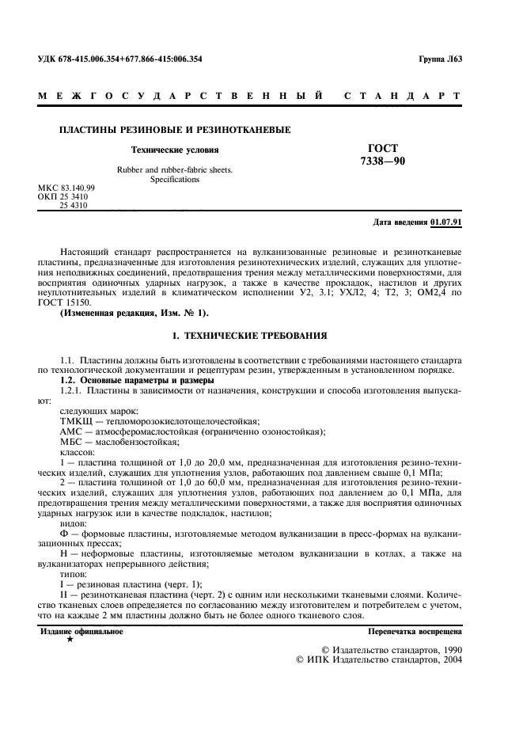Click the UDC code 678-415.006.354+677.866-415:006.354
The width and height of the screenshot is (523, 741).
120,59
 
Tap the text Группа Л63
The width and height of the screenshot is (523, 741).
439,59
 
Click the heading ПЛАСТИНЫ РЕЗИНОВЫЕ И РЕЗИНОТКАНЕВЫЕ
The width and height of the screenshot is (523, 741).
176,129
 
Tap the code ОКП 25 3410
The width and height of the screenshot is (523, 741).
63,196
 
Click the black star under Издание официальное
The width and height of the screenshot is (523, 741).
70,638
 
